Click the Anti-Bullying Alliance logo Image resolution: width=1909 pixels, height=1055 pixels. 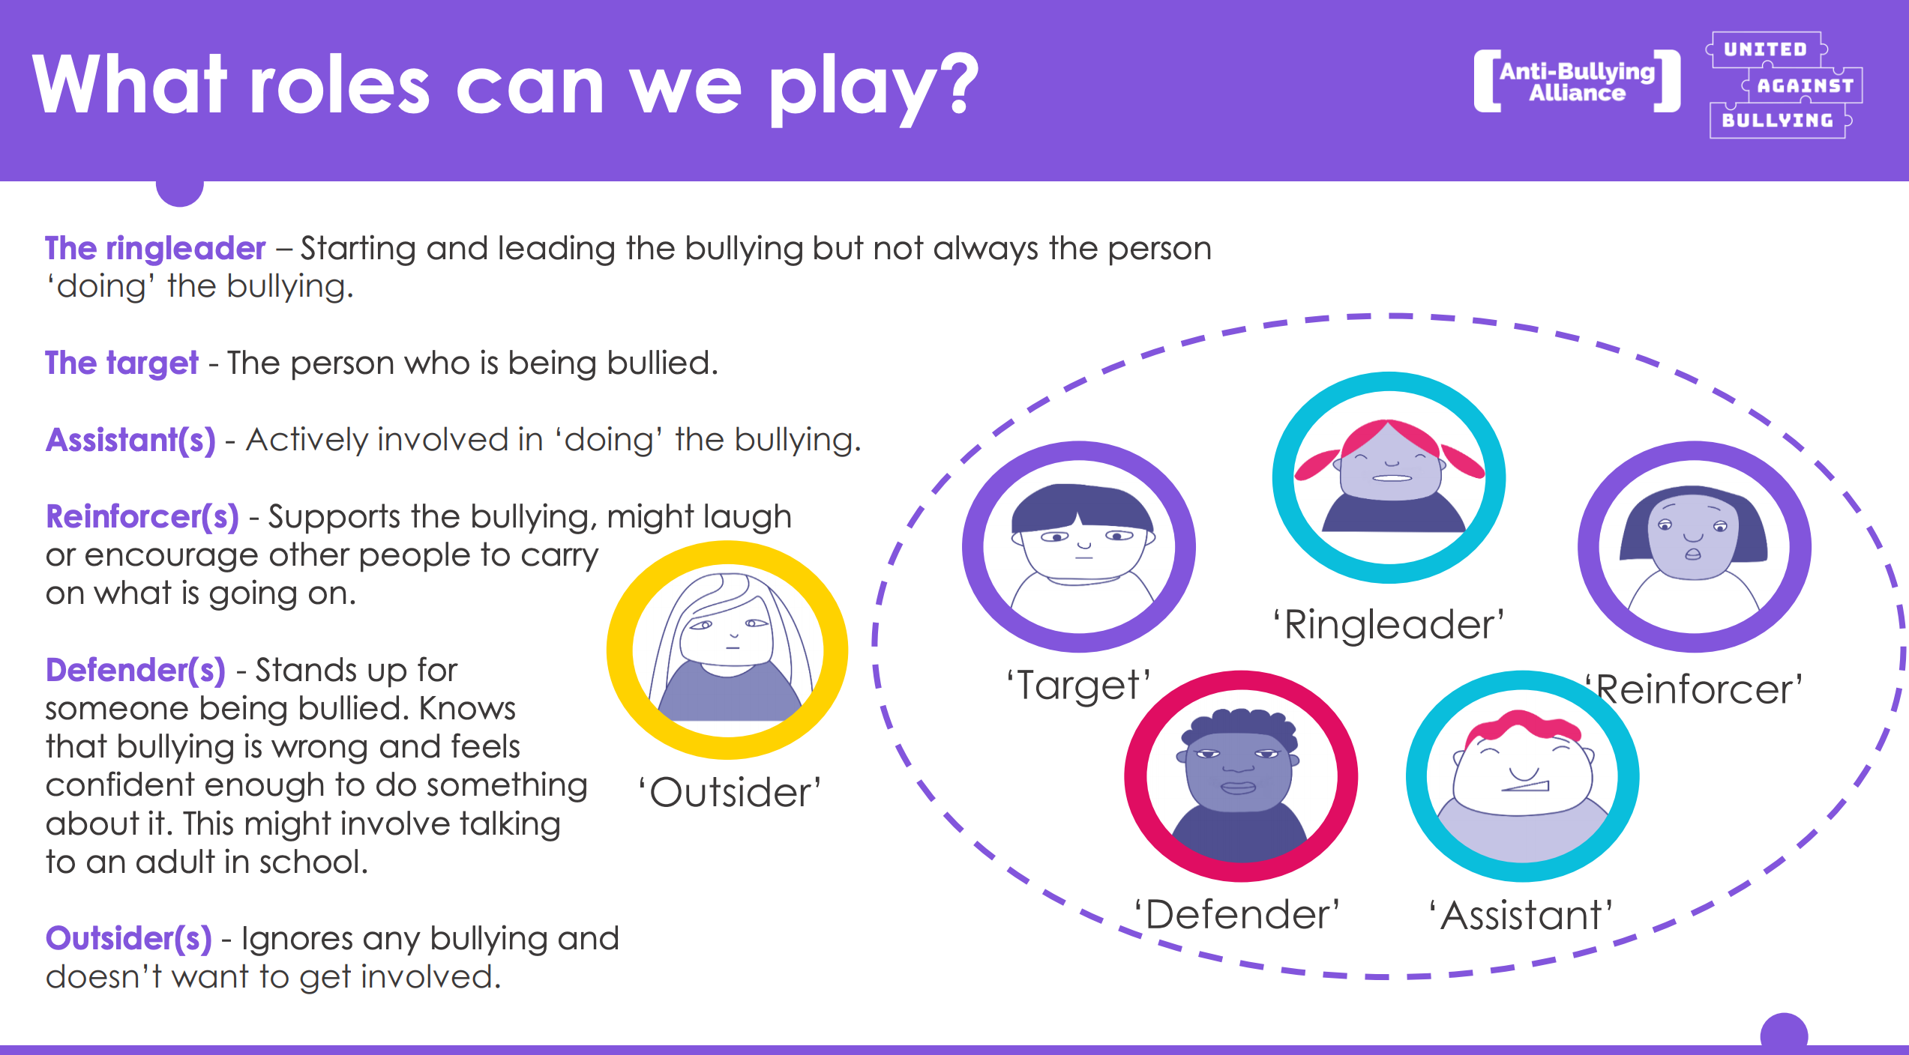tap(1577, 82)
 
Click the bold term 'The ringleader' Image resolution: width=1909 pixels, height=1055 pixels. tap(155, 249)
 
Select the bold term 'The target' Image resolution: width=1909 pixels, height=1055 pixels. tap(121, 363)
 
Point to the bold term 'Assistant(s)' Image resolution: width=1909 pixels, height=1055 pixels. tap(131, 440)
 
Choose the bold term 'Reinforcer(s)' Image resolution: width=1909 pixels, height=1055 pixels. tap(142, 517)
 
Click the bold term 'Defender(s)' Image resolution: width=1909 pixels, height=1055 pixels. tap(136, 671)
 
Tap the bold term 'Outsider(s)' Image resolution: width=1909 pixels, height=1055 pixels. tap(129, 939)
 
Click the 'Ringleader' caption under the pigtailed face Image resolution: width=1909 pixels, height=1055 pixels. tap(1389, 625)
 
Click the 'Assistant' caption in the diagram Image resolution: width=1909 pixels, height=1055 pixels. tap(1521, 916)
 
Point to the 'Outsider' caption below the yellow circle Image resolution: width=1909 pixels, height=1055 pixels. tap(730, 793)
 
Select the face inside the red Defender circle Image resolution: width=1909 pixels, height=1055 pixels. tap(1239, 768)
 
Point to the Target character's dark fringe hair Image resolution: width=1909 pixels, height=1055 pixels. tap(1080, 509)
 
